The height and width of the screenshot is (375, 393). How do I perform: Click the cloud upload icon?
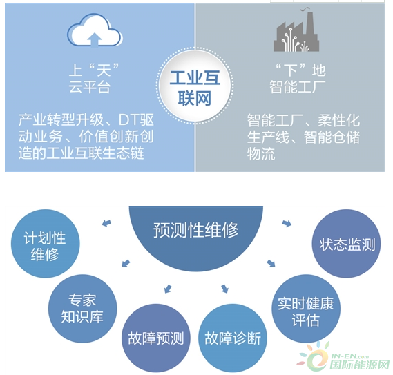(x=95, y=30)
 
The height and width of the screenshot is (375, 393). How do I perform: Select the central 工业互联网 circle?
(x=195, y=86)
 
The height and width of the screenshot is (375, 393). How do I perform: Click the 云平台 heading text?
(x=90, y=88)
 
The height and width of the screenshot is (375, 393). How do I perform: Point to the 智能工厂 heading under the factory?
(x=297, y=87)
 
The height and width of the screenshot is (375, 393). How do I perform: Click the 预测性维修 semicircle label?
(x=195, y=230)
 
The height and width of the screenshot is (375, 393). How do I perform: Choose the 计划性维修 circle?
(x=45, y=244)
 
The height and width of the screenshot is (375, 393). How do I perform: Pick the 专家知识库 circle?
(x=82, y=309)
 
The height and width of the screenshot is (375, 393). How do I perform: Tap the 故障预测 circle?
(x=156, y=338)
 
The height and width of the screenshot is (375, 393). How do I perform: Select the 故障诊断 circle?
(x=233, y=338)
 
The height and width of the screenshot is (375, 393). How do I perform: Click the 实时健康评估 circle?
(x=306, y=309)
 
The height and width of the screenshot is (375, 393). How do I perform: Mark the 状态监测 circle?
(x=347, y=244)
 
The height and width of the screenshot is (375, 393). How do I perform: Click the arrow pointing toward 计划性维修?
(x=107, y=223)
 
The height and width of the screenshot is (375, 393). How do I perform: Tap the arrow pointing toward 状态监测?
(x=287, y=223)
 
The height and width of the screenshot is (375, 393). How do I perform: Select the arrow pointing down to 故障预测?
(x=168, y=289)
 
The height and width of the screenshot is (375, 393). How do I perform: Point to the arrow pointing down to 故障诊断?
(x=225, y=289)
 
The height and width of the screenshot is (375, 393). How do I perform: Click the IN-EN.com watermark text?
(x=350, y=356)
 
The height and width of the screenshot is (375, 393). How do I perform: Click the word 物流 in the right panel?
(x=261, y=153)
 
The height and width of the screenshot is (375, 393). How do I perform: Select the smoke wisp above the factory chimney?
(x=305, y=9)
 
